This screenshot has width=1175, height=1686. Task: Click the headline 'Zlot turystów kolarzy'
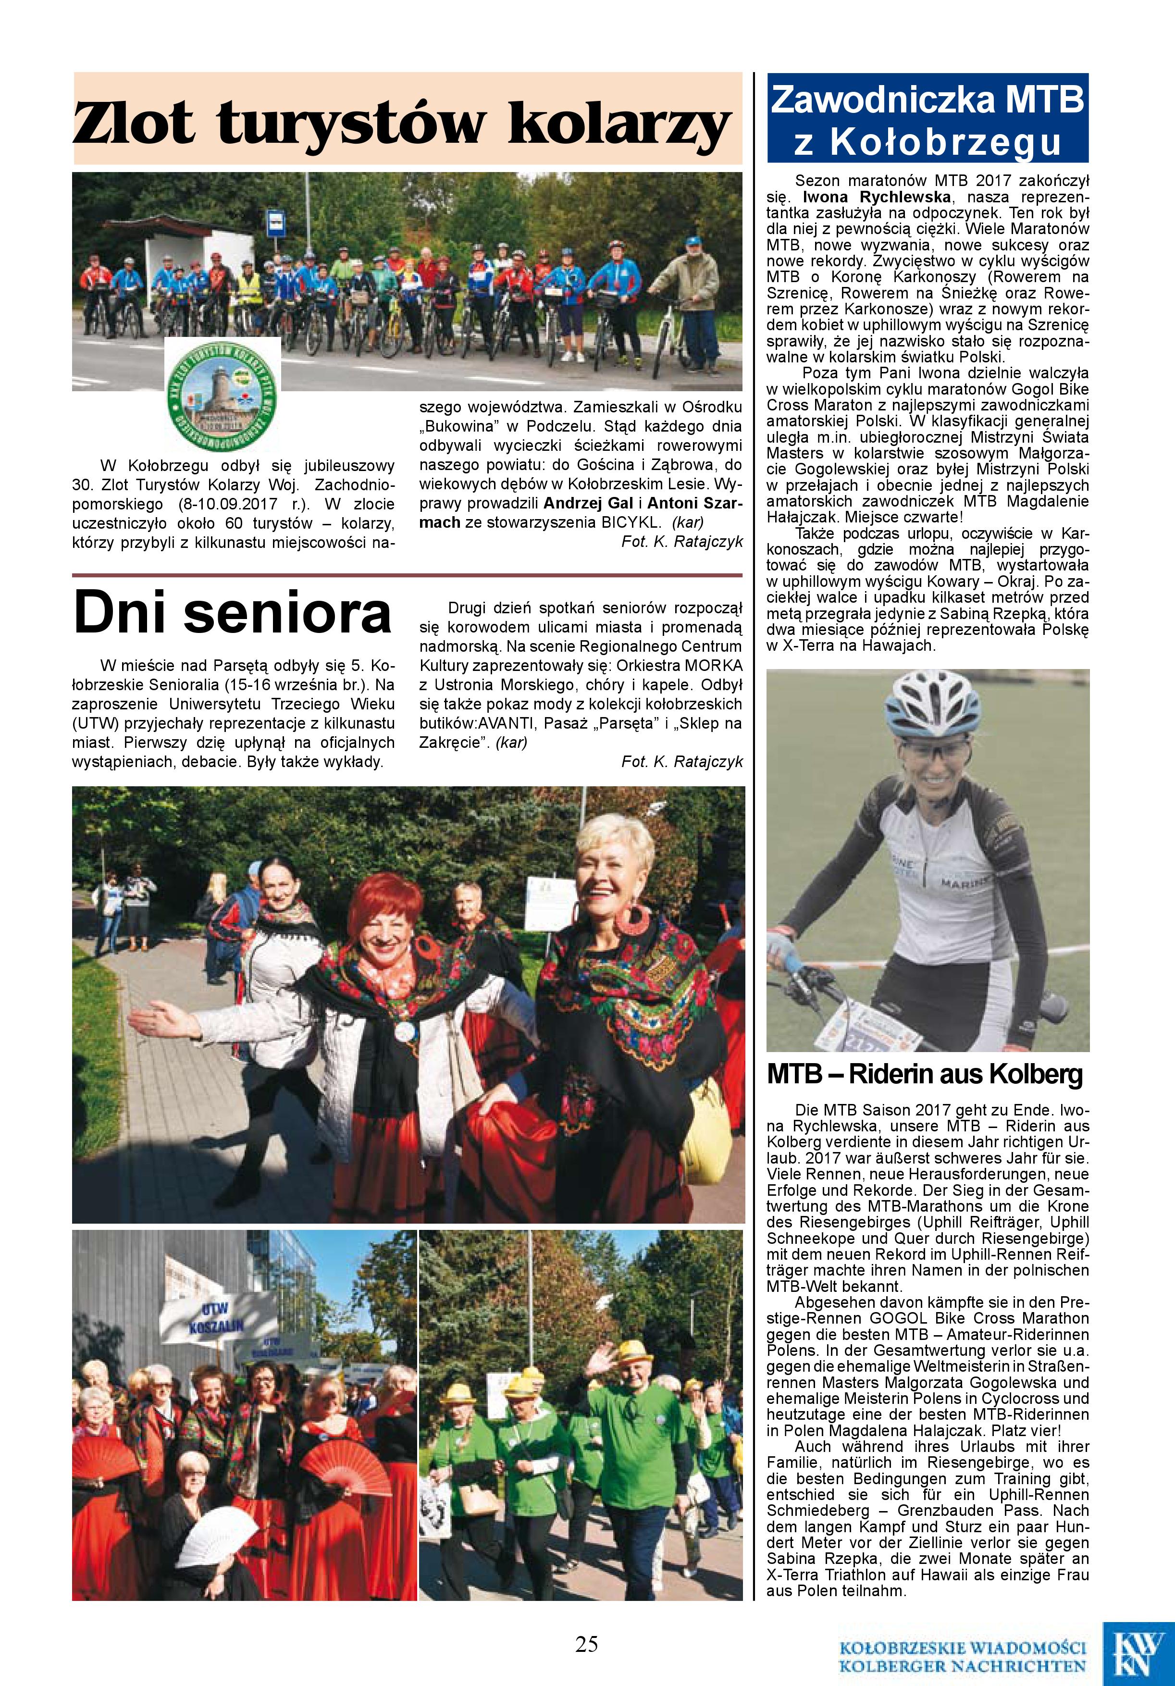(402, 124)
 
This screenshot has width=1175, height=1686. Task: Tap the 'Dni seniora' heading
(233, 612)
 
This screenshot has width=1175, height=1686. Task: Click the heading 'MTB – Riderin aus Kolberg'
(924, 1074)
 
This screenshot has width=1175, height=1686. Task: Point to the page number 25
(587, 1643)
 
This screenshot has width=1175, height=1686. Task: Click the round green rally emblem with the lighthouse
(222, 394)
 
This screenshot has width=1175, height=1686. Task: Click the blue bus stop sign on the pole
(276, 221)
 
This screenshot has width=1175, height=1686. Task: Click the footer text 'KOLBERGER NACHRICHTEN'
(962, 1663)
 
